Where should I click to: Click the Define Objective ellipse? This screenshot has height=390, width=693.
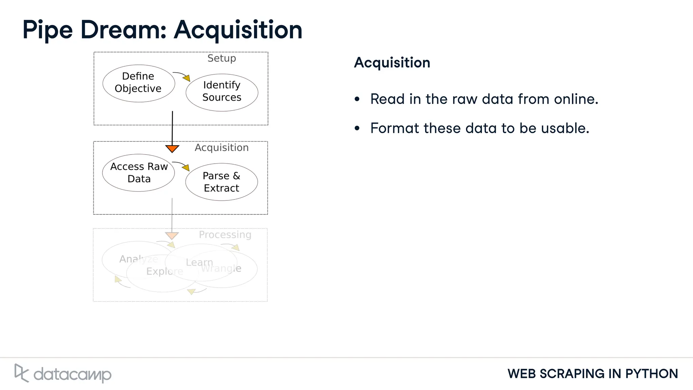138,83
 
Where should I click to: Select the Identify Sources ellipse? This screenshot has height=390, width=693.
222,92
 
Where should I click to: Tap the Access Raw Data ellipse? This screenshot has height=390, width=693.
138,173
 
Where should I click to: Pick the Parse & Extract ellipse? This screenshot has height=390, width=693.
221,182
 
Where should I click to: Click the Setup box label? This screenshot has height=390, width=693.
222,58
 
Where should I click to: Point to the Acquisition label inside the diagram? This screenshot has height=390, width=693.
222,148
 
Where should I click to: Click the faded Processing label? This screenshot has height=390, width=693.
225,235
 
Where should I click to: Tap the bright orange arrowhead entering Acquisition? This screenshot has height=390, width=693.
172,148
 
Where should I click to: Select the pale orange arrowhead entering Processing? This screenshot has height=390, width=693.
172,235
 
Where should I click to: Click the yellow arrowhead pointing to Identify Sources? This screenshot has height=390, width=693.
187,78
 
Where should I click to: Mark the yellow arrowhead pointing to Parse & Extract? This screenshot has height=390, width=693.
186,167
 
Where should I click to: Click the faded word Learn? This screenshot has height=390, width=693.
199,262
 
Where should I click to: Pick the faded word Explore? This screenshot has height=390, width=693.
164,271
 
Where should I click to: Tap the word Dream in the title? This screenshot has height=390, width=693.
123,30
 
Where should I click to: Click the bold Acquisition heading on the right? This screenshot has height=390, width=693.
392,63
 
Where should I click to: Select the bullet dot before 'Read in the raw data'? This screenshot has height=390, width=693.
357,99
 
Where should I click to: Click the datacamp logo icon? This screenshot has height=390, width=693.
21,373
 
